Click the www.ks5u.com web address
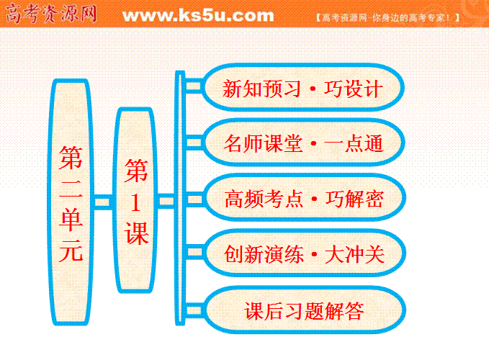198,16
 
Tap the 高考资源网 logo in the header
51,14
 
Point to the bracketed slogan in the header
387,17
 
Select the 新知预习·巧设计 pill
302,88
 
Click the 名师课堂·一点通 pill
303,143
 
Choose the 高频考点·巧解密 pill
304,197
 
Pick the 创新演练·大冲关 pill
304,253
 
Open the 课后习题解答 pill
304,310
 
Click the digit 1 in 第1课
135,202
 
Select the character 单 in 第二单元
71,219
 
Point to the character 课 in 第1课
136,233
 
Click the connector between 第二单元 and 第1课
102,202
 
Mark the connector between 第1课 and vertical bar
166,200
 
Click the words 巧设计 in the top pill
353,89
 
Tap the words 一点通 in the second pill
354,144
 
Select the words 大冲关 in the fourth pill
354,254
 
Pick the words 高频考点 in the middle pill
264,199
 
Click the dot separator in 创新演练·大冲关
314,254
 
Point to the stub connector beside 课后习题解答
194,310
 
